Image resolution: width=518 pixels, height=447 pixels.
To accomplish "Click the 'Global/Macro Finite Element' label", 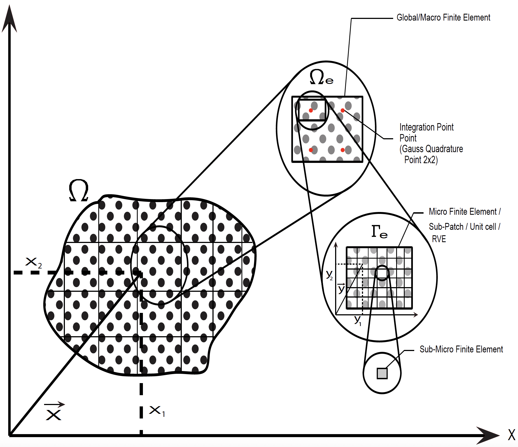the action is click(x=443, y=18).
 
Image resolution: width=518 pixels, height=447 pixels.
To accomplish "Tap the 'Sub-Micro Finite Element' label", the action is click(x=461, y=349).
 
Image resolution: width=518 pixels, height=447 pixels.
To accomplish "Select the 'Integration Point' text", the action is click(x=427, y=127).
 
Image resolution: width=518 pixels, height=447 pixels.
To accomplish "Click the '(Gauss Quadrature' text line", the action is click(x=431, y=149).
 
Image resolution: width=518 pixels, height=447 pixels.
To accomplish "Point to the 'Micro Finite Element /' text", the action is click(x=465, y=212).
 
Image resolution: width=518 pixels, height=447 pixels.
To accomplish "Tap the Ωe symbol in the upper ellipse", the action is click(x=321, y=77).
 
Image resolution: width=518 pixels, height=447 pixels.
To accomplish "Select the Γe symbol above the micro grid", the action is click(x=379, y=232).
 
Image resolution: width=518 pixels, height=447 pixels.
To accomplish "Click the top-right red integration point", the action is click(x=343, y=111).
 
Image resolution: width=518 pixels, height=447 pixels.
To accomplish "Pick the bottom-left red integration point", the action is click(x=311, y=150).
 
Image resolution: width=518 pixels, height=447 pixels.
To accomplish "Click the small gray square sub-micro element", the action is click(x=382, y=373).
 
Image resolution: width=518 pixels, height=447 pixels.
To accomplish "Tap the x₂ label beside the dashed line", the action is click(x=33, y=262).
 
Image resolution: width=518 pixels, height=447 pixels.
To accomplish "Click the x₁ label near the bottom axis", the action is click(x=157, y=411).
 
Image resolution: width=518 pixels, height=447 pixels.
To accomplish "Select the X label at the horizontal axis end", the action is click(x=511, y=435).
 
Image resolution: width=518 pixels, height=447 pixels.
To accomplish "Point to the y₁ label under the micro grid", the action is click(x=358, y=320).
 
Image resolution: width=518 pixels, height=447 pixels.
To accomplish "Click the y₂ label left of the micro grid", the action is click(x=329, y=275).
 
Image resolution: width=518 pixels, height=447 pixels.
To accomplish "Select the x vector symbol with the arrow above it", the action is click(x=54, y=411).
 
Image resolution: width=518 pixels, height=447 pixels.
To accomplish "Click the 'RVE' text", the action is click(x=439, y=239).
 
